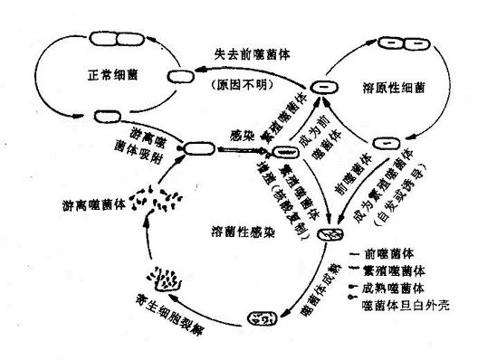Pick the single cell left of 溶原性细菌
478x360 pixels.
(324, 88)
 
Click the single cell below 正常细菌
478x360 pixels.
(107, 115)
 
